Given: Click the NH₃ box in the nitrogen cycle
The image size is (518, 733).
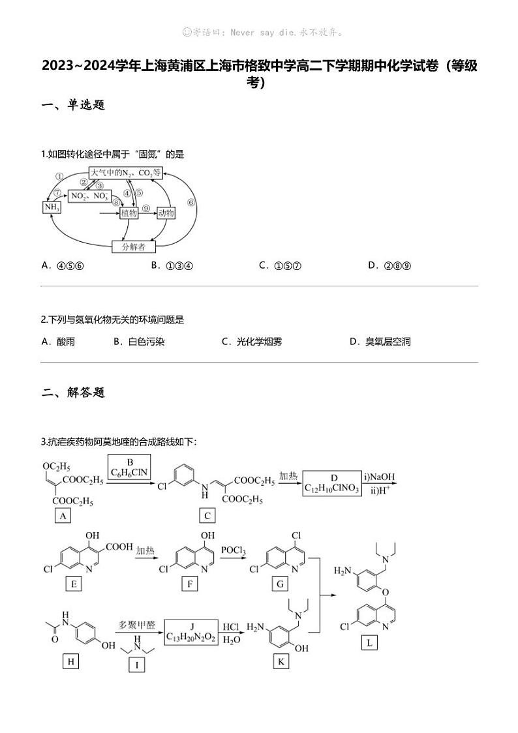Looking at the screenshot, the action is tap(52, 207).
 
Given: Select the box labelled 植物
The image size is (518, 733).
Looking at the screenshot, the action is tap(129, 213).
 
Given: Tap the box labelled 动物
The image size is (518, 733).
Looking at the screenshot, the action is tap(166, 213).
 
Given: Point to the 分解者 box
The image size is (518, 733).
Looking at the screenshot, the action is tap(134, 247).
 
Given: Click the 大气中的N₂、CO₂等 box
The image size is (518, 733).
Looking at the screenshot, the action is tap(125, 173).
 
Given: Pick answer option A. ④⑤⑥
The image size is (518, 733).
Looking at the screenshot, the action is tap(63, 265).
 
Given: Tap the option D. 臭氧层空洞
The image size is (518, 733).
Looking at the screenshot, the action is tap(380, 341).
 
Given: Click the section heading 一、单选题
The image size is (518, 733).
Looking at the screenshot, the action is tap(73, 105).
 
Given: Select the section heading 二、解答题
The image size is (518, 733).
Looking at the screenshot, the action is tap(73, 392).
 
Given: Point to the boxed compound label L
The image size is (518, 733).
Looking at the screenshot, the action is tap(369, 644).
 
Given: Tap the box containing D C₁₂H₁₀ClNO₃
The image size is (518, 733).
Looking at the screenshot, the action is tap(332, 483).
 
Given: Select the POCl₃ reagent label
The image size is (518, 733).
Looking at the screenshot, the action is tap(233, 551).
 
